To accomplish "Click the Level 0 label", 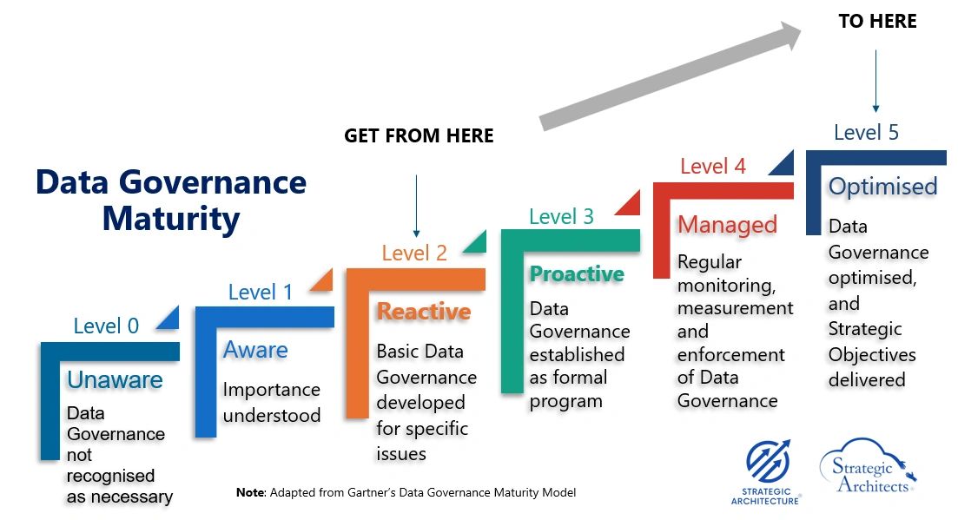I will [106, 326].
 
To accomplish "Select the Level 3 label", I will [561, 217].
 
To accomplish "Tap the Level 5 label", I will [866, 133].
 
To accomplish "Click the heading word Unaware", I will [115, 380].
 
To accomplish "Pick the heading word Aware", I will [255, 350].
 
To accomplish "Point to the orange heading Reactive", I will [423, 312].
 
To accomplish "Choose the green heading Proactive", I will [577, 274].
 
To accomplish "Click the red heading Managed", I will [727, 225].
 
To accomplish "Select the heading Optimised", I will [882, 187].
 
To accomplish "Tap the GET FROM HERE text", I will [419, 136].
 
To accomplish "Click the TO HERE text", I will [877, 22].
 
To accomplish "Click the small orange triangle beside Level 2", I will [475, 242].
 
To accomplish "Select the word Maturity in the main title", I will [170, 220].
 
